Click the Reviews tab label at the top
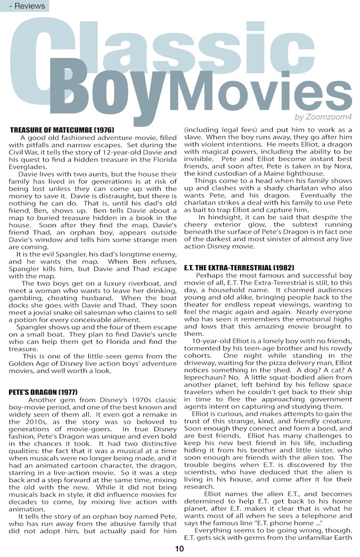click(25, 6)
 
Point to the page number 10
click(179, 549)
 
